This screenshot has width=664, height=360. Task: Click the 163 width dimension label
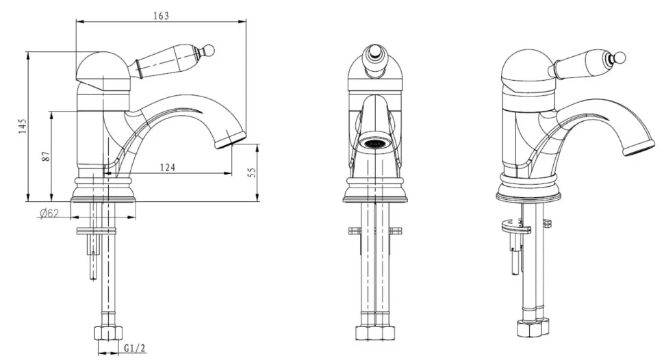[x=161, y=16]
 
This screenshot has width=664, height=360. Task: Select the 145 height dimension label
[x=23, y=126]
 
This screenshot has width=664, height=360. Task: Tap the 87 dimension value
[x=47, y=156]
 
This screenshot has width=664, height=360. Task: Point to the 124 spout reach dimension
[x=167, y=168]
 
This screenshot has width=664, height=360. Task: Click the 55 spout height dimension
[x=252, y=172]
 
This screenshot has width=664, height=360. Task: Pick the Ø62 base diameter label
[x=49, y=214]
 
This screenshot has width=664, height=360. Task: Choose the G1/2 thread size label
[x=135, y=348]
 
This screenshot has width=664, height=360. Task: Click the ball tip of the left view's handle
[x=210, y=51]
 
